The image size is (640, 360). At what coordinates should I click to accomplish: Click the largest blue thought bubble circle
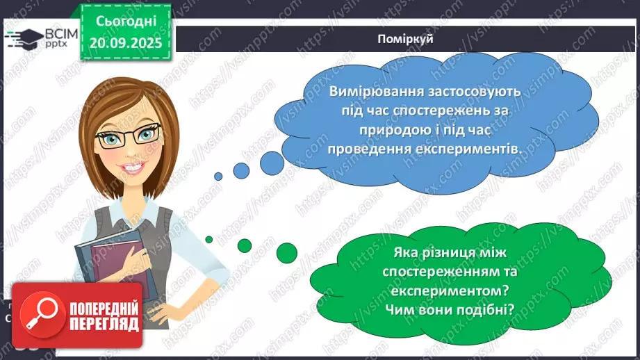click(x=272, y=161)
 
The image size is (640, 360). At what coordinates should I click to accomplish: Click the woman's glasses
click(x=129, y=136)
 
